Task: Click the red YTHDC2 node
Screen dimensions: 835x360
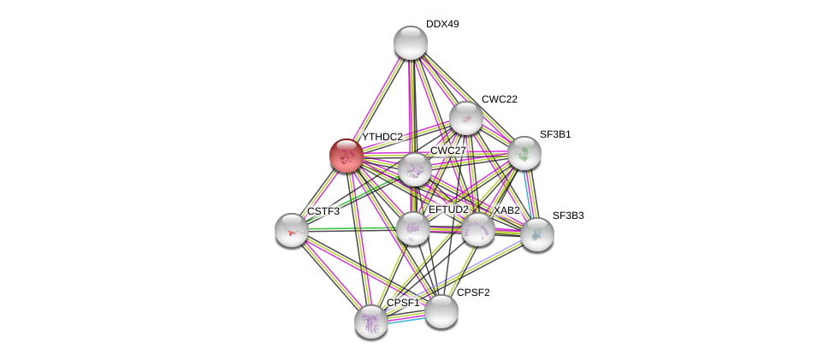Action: click(x=346, y=156)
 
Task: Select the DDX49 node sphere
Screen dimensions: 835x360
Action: click(x=411, y=43)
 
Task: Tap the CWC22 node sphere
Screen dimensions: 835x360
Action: click(x=466, y=118)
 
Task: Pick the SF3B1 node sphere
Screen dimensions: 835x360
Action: click(x=524, y=153)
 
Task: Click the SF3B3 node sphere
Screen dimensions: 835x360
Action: click(x=536, y=234)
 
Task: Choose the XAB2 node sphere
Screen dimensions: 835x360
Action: click(x=478, y=229)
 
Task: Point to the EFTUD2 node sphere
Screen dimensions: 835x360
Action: click(x=413, y=228)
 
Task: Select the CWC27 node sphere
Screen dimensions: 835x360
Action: click(x=415, y=169)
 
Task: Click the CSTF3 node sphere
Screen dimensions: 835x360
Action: click(x=292, y=230)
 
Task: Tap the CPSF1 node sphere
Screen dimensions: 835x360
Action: click(x=371, y=322)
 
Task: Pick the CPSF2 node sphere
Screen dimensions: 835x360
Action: click(x=441, y=311)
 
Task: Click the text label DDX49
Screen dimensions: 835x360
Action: click(x=442, y=25)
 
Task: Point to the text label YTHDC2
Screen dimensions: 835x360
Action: click(x=382, y=138)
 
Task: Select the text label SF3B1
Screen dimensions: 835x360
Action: click(x=555, y=135)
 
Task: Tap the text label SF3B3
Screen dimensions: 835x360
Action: click(x=568, y=215)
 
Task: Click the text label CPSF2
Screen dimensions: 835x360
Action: click(x=473, y=292)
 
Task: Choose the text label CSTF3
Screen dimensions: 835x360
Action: click(x=323, y=211)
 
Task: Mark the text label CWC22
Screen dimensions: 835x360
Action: click(x=500, y=99)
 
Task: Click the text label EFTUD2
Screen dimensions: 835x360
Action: click(x=448, y=210)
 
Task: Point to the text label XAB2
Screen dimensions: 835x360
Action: click(x=506, y=210)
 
